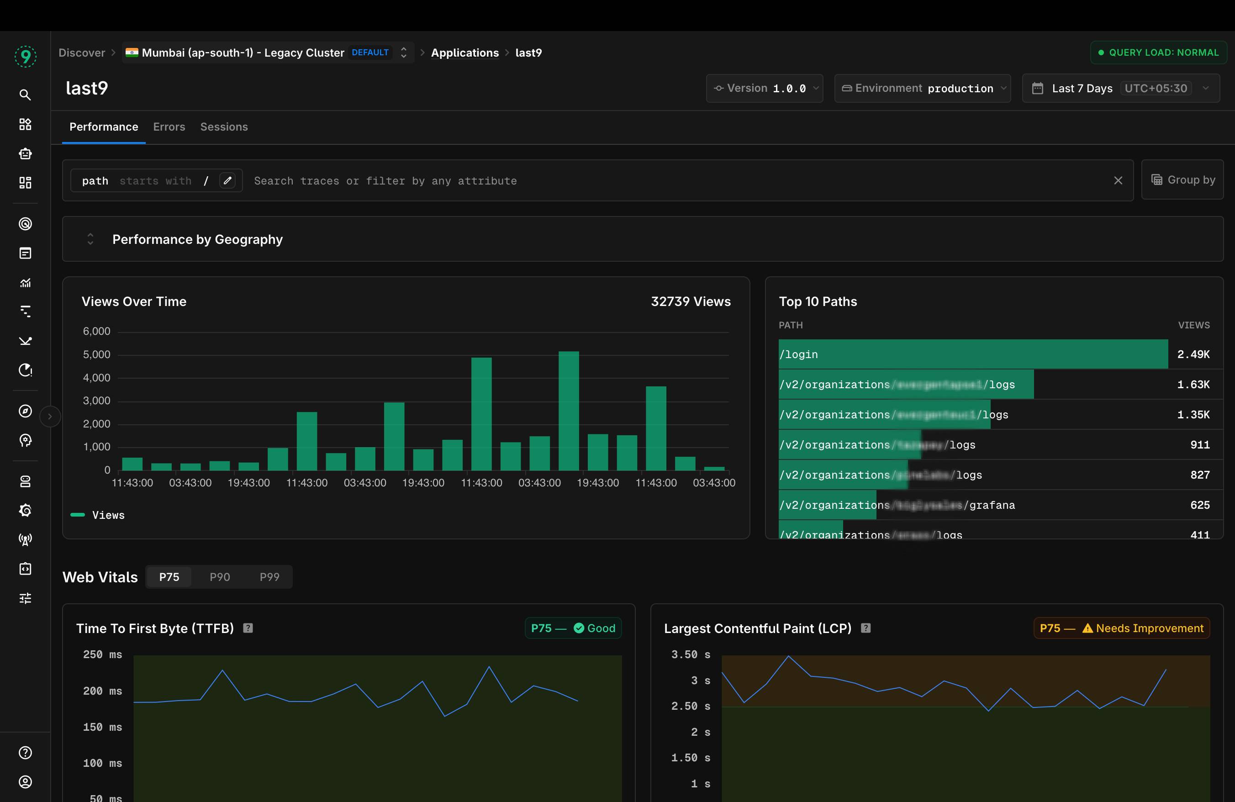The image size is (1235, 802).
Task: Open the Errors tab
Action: [x=169, y=127]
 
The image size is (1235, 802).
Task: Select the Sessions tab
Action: [x=224, y=127]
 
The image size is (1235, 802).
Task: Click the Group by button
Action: [x=1182, y=180]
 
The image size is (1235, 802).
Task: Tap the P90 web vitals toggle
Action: [x=220, y=577]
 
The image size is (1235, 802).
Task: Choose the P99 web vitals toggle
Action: [x=269, y=577]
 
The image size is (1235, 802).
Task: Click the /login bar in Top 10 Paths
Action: [x=972, y=354]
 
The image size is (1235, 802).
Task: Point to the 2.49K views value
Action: [x=1193, y=354]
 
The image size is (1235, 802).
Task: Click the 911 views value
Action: [x=1200, y=444]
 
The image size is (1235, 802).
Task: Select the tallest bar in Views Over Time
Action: [x=568, y=411]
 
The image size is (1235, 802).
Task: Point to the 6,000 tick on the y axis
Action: [x=96, y=332]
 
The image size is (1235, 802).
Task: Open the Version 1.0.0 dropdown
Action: [x=765, y=88]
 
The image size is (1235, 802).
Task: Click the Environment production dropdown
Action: [x=922, y=88]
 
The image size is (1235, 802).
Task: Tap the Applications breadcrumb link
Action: [x=464, y=53]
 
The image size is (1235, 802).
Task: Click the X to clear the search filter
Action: [x=1118, y=180]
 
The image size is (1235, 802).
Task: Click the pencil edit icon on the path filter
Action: [x=227, y=180]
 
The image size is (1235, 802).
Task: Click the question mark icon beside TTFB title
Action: [x=248, y=628]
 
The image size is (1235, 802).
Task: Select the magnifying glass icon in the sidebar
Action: [x=25, y=95]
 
